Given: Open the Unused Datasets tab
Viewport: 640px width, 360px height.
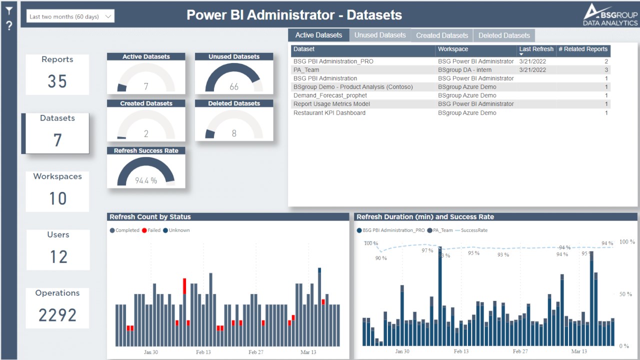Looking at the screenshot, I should click(x=380, y=35).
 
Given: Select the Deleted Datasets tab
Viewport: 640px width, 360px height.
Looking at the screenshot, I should click(x=504, y=35).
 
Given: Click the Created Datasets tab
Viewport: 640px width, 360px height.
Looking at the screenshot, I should click(x=442, y=35).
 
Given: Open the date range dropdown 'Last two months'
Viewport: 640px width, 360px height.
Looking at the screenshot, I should click(x=70, y=16).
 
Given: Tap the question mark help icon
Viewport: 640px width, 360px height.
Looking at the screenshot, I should click(x=9, y=26).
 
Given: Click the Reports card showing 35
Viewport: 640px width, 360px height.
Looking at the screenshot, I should click(x=57, y=74).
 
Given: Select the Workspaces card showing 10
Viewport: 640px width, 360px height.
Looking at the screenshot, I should click(x=57, y=191).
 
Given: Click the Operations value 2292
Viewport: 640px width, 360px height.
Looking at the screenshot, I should click(x=57, y=315).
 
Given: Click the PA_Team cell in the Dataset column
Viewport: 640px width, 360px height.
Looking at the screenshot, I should click(x=306, y=70).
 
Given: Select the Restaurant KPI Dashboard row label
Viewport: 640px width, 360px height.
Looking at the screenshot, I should click(x=329, y=113).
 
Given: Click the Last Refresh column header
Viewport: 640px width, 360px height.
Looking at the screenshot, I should click(x=536, y=49).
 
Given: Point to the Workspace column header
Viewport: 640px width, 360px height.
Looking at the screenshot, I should click(x=453, y=49).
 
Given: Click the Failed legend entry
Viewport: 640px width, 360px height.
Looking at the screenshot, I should click(x=151, y=230).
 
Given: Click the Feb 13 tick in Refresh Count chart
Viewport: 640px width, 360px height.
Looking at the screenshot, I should click(x=203, y=352).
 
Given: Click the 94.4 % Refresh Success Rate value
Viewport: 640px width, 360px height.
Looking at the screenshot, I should click(x=146, y=180).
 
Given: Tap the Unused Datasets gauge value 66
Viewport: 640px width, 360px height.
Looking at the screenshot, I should click(x=234, y=87).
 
